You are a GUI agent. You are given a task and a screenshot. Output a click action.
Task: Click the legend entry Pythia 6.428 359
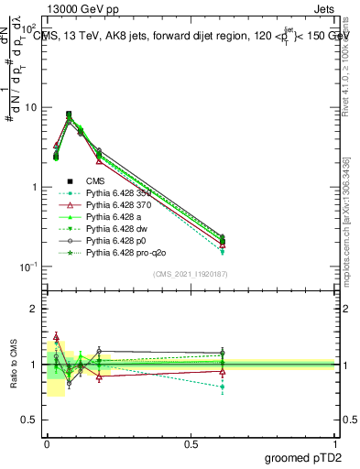115,193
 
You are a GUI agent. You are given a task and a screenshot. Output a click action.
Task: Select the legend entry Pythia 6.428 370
115,207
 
